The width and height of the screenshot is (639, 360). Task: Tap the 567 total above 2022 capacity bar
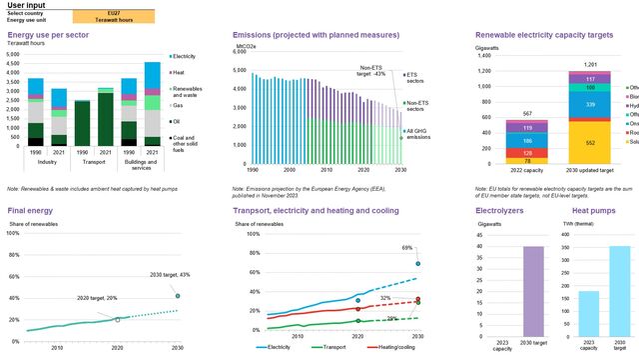coord(526,112)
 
